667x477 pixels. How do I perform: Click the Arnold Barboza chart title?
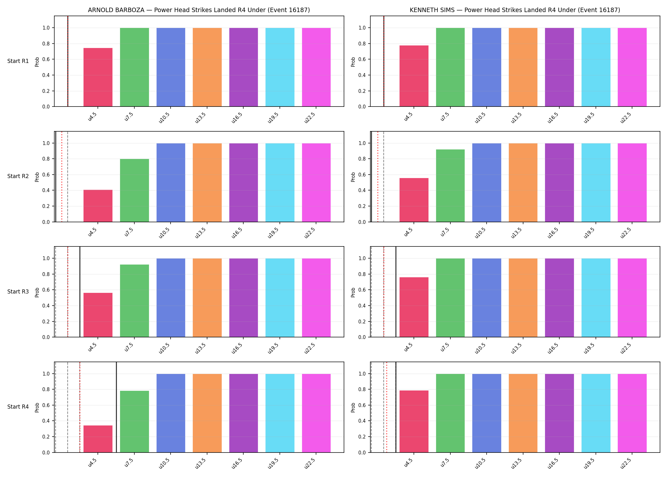click(199, 10)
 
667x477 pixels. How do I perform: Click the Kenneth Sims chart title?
click(515, 10)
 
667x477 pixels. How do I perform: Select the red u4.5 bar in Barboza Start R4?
click(98, 439)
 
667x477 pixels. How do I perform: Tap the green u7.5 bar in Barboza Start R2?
click(134, 190)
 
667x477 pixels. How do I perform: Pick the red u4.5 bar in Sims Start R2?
click(414, 200)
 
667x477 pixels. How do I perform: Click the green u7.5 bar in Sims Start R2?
click(450, 186)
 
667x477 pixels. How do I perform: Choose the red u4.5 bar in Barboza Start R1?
click(98, 77)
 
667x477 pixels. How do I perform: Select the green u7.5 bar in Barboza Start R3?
click(134, 301)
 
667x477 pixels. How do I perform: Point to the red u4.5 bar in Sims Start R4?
click(414, 421)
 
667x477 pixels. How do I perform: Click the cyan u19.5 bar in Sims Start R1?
click(596, 67)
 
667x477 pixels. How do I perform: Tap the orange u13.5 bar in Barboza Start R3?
click(207, 298)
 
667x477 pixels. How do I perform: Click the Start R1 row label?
click(18, 61)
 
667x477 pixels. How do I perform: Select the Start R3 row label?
click(18, 292)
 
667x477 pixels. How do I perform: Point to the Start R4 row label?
click(18, 407)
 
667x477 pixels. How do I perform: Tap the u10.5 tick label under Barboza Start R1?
click(165, 118)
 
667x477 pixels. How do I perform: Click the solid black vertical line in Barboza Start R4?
click(116, 407)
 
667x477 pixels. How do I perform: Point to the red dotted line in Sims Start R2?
click(378, 176)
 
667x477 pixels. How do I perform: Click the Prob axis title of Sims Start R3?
click(353, 292)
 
